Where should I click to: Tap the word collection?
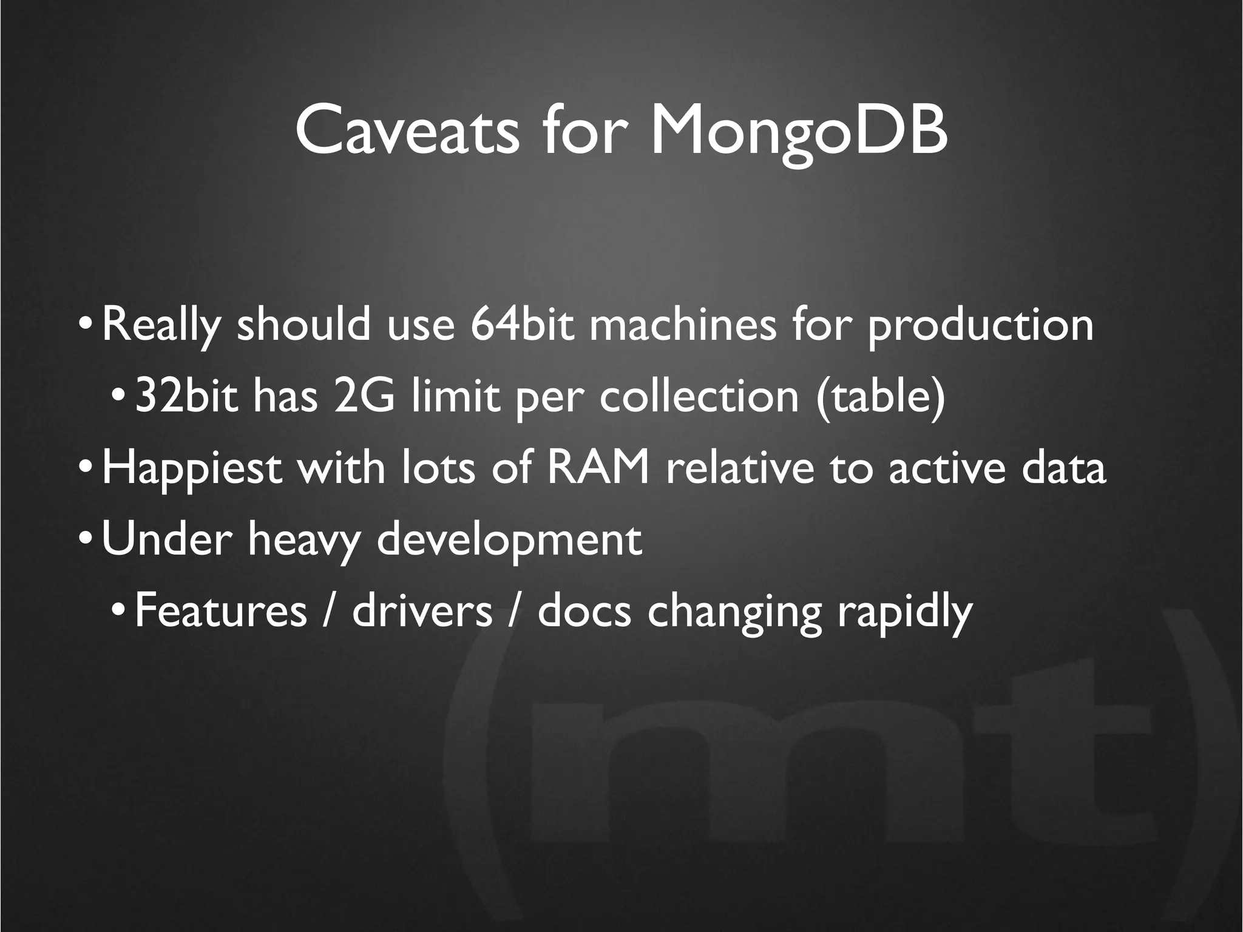[x=699, y=396]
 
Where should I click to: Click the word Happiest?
[x=192, y=469]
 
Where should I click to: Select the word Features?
[x=220, y=611]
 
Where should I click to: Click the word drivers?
[x=422, y=611]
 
